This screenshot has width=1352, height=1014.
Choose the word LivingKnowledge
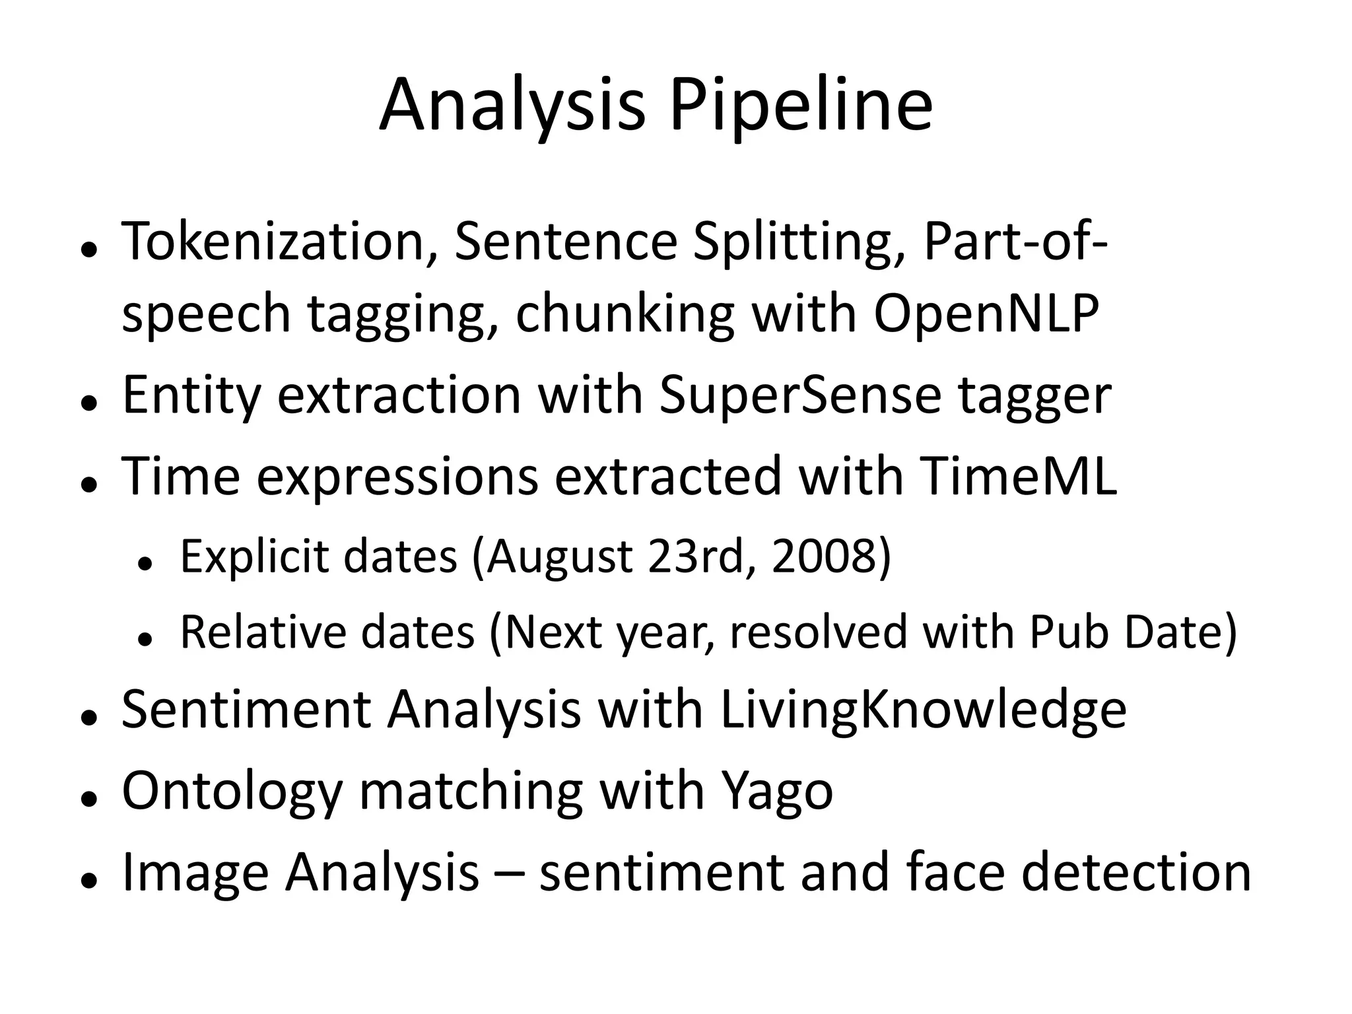pos(924,710)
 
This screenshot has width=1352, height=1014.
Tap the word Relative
pos(261,632)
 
